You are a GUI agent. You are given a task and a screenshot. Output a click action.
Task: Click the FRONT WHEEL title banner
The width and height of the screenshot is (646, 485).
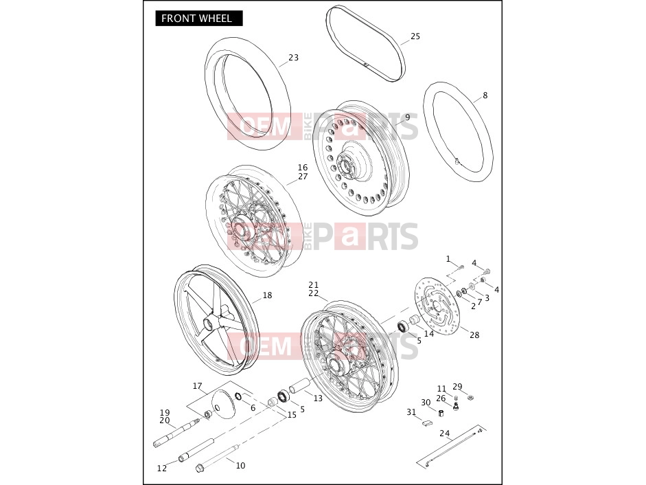198,19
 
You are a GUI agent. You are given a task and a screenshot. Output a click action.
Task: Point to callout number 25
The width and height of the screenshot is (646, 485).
415,36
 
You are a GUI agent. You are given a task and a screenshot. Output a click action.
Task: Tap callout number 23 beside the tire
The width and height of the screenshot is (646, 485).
293,57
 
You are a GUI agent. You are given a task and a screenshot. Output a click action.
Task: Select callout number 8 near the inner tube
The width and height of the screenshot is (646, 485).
485,95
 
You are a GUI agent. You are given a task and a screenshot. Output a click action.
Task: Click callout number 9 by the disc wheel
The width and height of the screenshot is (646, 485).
408,117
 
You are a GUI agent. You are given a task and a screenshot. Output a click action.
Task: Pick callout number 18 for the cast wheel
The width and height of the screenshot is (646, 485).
267,295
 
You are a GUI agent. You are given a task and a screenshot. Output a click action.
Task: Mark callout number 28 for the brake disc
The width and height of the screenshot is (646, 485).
474,335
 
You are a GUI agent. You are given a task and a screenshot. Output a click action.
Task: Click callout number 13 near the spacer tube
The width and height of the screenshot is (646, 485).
318,398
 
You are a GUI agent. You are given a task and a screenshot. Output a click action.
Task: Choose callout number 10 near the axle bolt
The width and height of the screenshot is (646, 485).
240,466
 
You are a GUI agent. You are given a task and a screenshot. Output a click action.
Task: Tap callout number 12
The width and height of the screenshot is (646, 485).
162,468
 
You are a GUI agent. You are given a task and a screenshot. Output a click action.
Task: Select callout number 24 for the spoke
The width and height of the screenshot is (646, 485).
445,433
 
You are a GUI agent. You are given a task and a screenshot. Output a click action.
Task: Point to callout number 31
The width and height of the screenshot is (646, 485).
411,412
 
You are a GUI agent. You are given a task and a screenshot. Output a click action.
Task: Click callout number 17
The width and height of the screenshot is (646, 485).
197,386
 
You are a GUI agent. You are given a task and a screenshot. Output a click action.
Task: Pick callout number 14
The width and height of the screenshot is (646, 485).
429,334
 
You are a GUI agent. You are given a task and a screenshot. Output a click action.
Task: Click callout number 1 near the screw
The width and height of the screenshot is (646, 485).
448,259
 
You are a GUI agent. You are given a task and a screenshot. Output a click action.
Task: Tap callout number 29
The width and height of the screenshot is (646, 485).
457,387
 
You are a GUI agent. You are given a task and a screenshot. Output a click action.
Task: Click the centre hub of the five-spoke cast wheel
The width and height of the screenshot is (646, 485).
211,322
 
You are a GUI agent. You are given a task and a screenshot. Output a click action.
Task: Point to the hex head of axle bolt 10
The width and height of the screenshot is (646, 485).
200,468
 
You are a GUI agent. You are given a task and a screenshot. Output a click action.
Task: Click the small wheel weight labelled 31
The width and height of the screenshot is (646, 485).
427,422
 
